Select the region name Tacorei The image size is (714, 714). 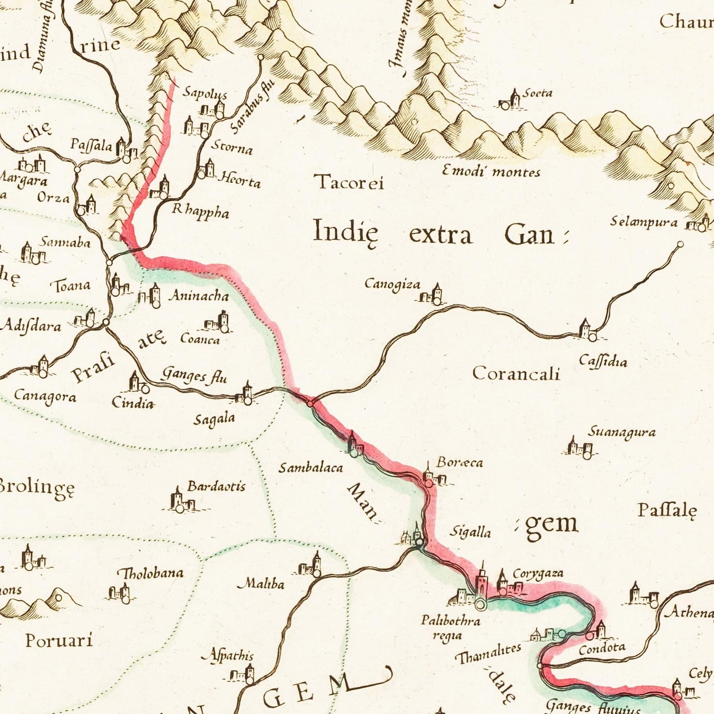click(349, 182)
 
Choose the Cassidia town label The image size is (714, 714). click(603, 361)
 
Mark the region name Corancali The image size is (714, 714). click(516, 373)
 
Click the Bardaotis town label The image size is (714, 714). click(216, 486)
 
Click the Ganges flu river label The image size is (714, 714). click(194, 375)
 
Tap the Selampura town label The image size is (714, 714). click(643, 222)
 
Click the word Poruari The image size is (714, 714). click(59, 640)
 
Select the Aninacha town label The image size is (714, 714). click(199, 296)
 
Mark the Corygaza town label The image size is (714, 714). click(538, 573)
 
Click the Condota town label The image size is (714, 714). click(602, 648)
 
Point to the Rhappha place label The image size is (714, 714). click(200, 211)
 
